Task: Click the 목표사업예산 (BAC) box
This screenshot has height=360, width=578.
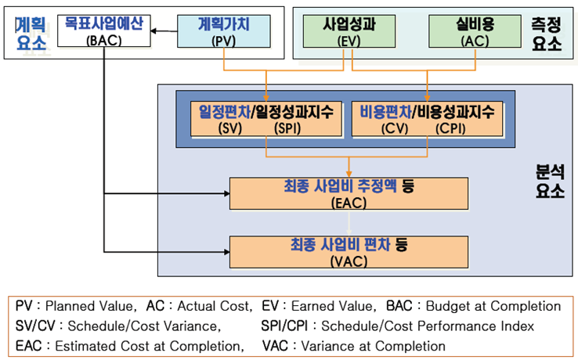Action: pos(104,31)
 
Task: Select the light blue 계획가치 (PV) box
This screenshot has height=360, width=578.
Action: pos(224,31)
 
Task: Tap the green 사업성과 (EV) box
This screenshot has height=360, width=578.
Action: pos(349,31)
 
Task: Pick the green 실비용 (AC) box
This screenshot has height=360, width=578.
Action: pos(475,31)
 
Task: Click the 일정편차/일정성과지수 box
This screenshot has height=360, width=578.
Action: pos(266,119)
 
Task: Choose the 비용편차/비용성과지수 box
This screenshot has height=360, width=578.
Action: pos(427,119)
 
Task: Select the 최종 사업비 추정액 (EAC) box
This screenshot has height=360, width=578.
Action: pos(349,193)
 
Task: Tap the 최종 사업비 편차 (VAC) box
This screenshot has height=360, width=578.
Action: pos(349,252)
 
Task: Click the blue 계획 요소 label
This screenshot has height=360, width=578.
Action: pos(31,34)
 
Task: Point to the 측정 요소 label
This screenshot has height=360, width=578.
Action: pos(547,34)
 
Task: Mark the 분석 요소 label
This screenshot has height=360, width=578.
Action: pos(550,182)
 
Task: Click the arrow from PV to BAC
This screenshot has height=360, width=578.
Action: pos(164,31)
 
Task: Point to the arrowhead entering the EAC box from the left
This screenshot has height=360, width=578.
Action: pos(226,193)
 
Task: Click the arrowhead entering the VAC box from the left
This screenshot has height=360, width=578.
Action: pos(226,252)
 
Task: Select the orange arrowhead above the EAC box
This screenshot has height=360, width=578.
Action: pos(349,175)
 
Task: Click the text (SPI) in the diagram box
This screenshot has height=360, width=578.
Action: pos(287,128)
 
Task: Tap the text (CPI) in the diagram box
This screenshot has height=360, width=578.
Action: pos(450,128)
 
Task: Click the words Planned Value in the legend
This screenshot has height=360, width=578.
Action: pos(89,306)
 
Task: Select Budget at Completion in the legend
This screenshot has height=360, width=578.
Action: pos(493,306)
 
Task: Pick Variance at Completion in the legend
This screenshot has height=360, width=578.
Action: pos(373,346)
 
